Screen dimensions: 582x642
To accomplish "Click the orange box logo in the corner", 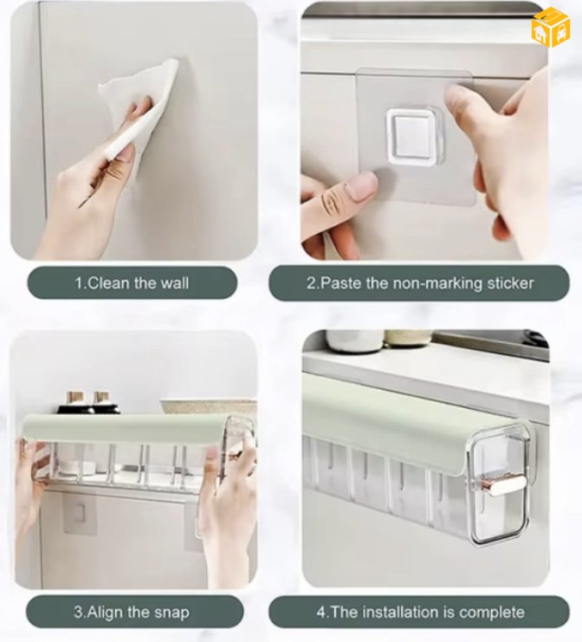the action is pyautogui.click(x=551, y=27).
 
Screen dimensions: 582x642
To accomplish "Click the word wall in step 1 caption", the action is pyautogui.click(x=175, y=283).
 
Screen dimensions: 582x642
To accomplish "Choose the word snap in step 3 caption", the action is pyautogui.click(x=171, y=613).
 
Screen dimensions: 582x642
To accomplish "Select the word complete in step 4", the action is pyautogui.click(x=492, y=613).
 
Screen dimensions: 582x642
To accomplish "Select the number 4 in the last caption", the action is pyautogui.click(x=320, y=613).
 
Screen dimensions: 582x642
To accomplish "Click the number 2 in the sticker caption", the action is pyautogui.click(x=311, y=283).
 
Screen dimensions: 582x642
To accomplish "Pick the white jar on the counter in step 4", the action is pyautogui.click(x=354, y=340).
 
